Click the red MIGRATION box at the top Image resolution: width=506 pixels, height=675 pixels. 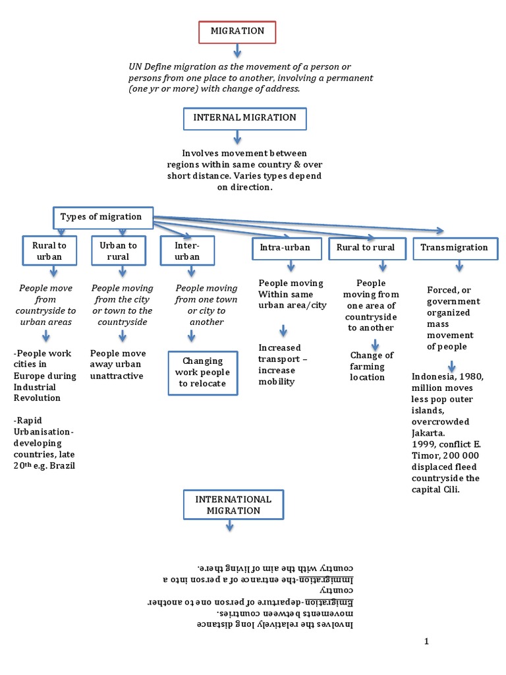coord(237,32)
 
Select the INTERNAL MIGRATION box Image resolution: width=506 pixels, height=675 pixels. coord(244,118)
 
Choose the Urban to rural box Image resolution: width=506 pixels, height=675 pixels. coord(119,250)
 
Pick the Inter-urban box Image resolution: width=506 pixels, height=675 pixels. coord(187,250)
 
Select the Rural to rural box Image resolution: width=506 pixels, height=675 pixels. coord(366,248)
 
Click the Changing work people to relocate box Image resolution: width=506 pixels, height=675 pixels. coord(202,372)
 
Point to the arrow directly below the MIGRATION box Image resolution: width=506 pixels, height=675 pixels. coord(237,51)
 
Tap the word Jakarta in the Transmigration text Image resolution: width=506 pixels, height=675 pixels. coord(428,434)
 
